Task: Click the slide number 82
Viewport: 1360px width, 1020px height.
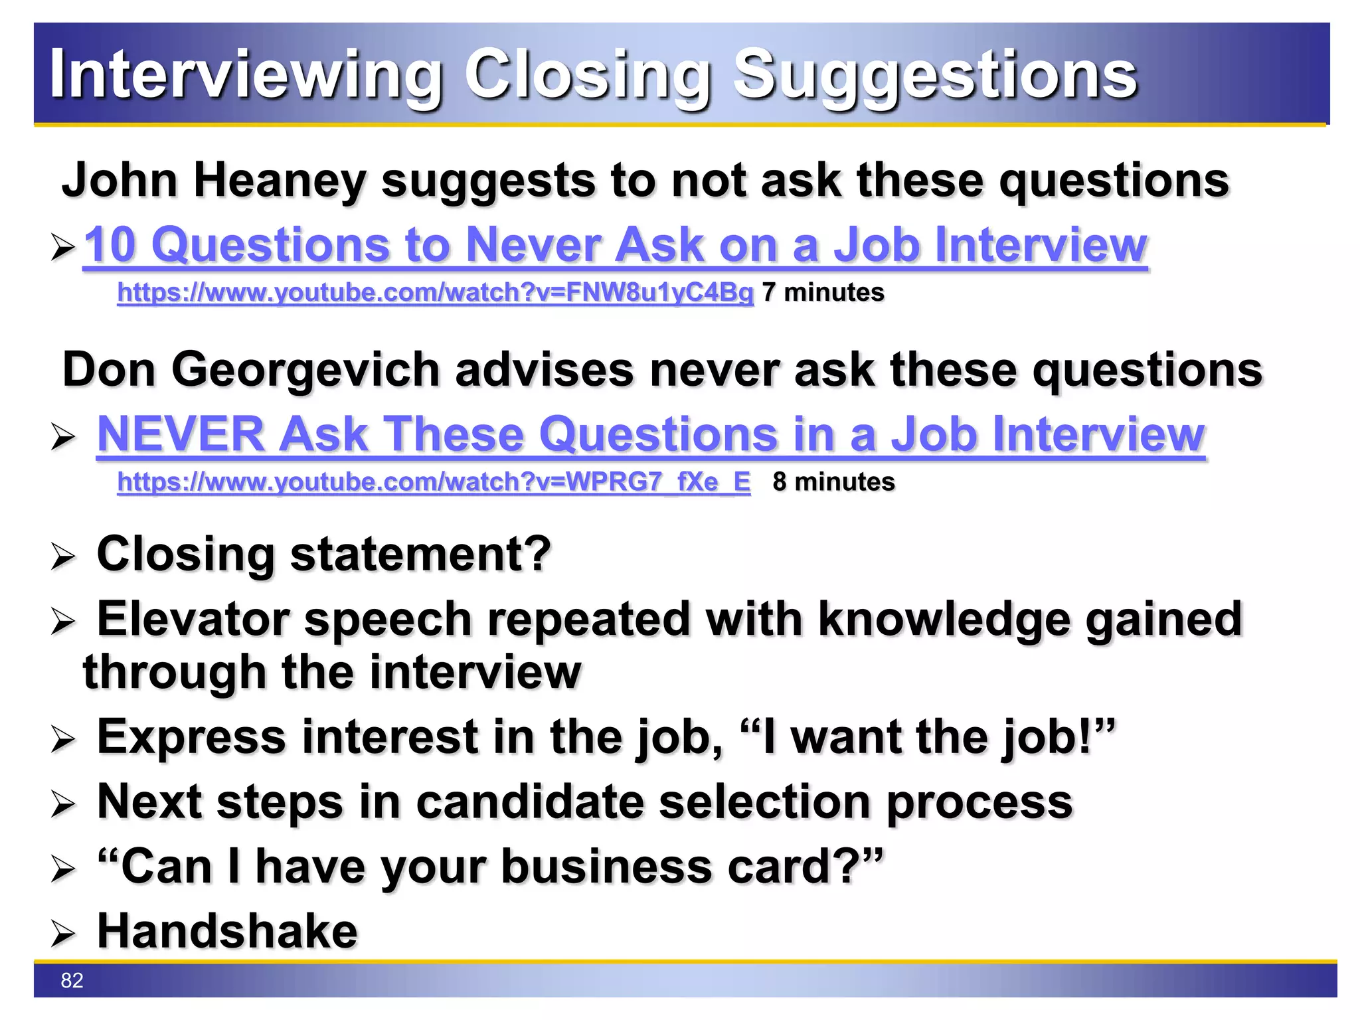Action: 72,980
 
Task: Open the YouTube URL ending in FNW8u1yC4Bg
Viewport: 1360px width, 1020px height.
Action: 435,292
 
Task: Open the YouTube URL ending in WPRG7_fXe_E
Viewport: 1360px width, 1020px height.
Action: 434,481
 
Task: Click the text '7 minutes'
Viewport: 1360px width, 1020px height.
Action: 823,292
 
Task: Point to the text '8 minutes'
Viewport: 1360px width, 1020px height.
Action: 833,481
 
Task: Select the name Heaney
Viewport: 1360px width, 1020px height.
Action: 280,180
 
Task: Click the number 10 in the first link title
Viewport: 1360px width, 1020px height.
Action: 110,244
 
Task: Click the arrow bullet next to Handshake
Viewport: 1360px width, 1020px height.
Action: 63,934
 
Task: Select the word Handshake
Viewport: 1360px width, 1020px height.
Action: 227,931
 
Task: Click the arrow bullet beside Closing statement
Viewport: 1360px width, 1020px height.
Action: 63,556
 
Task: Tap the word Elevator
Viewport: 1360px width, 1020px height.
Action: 193,619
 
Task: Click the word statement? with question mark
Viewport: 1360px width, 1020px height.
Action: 420,554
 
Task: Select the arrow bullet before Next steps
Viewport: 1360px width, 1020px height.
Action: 63,804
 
